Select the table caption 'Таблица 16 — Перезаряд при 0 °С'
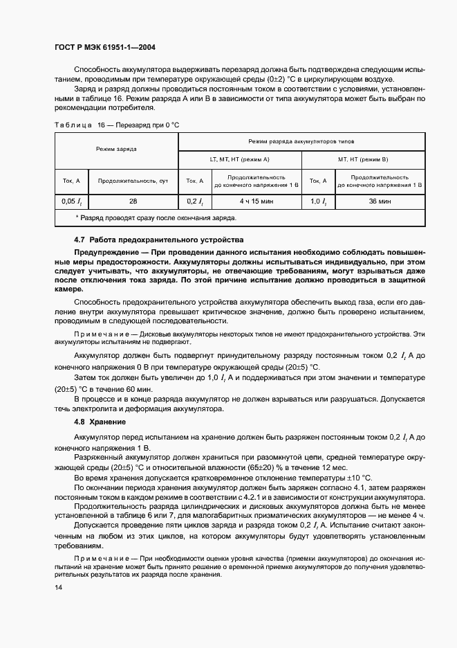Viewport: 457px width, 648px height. click(x=111, y=124)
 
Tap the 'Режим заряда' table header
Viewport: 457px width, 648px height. click(x=116, y=149)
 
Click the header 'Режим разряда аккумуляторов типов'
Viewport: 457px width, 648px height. click(x=302, y=140)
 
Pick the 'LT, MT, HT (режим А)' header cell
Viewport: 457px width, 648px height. click(x=240, y=159)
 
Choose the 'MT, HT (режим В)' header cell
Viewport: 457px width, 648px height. click(x=363, y=159)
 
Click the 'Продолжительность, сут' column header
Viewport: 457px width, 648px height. click(x=133, y=181)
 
